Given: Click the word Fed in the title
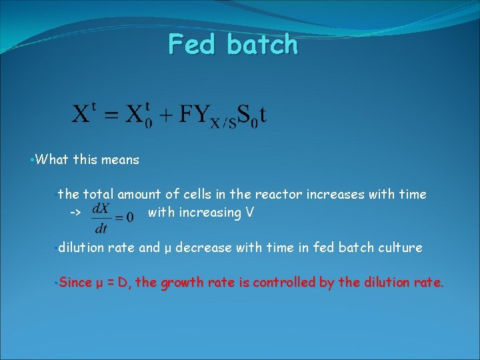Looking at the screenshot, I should click(x=193, y=45).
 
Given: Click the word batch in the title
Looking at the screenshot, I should click(x=261, y=45).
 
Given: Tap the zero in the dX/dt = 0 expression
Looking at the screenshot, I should click(x=129, y=216).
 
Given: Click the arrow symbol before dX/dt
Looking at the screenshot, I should click(x=75, y=213).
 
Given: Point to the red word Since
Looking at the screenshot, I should click(x=75, y=283).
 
